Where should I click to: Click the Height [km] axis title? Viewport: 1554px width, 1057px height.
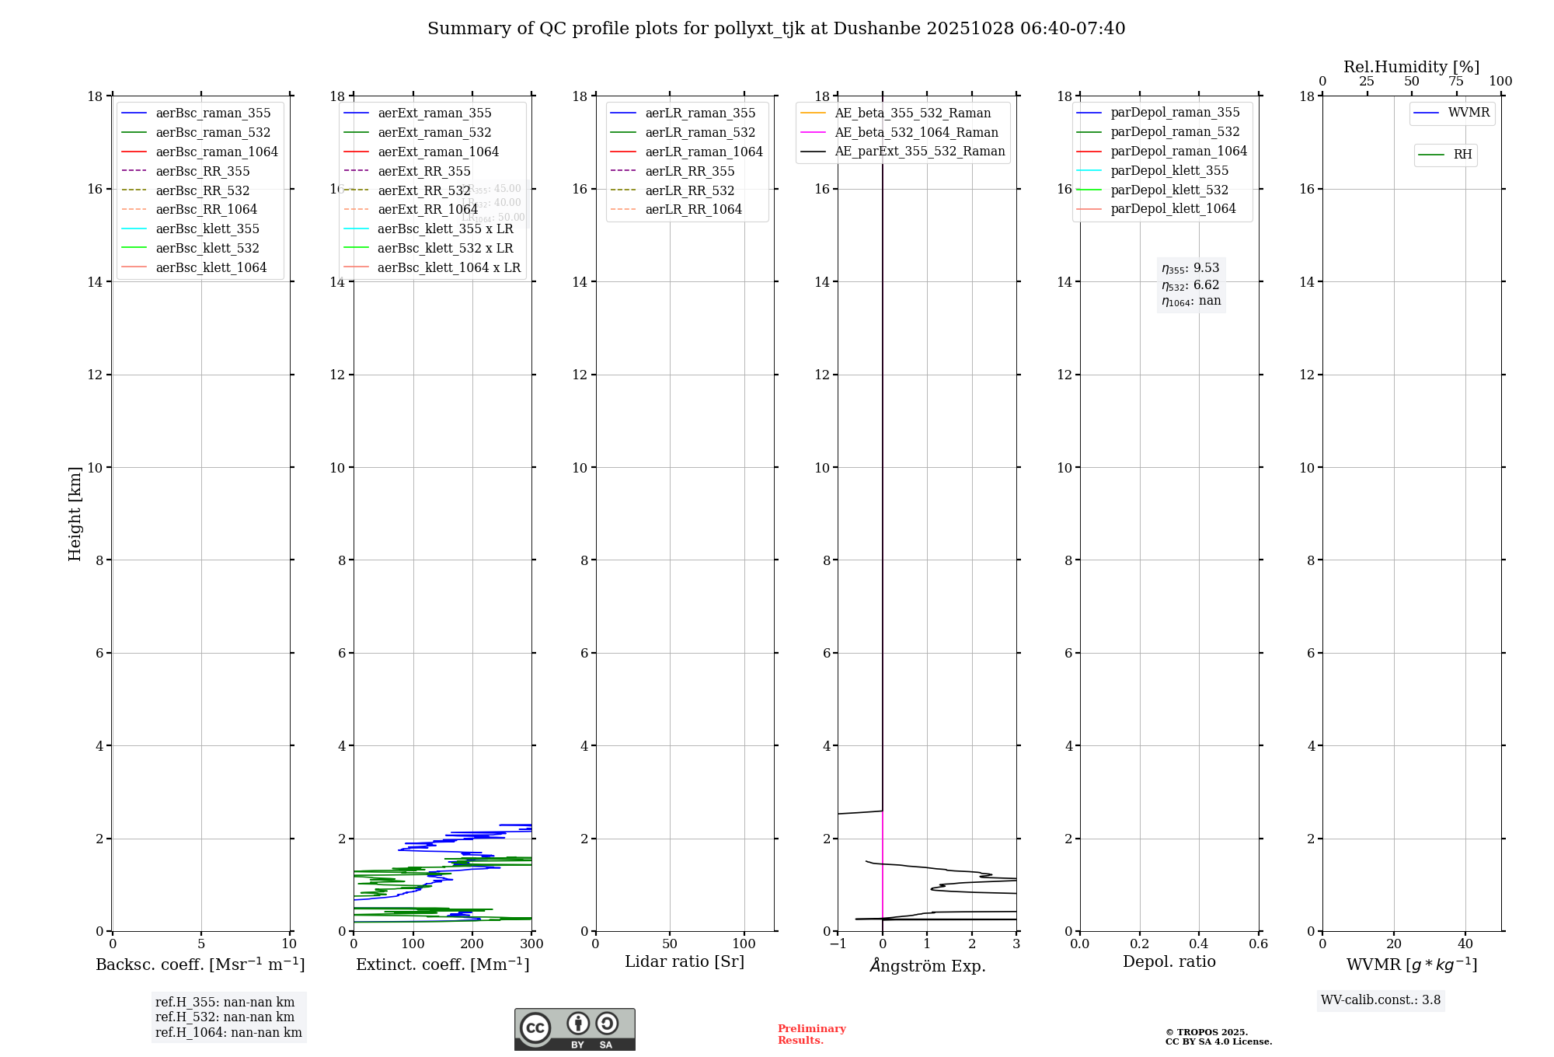point(75,514)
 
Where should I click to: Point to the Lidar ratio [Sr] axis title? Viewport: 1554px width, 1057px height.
point(685,961)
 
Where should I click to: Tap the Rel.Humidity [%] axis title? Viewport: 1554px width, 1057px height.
point(1411,67)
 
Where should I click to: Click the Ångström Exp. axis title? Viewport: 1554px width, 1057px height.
point(927,965)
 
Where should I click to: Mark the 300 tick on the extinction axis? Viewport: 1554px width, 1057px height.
point(531,944)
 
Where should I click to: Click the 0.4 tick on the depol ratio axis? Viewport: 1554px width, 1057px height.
point(1199,944)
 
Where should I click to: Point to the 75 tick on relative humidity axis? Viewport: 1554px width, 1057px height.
point(1456,82)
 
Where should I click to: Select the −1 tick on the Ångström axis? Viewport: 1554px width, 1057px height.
point(838,944)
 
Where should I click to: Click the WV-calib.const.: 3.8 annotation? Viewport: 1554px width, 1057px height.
point(1381,1000)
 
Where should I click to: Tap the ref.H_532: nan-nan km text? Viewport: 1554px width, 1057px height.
point(225,1017)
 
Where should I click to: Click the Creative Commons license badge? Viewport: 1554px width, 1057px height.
point(574,1029)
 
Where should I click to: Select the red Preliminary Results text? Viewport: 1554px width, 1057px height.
point(811,1034)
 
